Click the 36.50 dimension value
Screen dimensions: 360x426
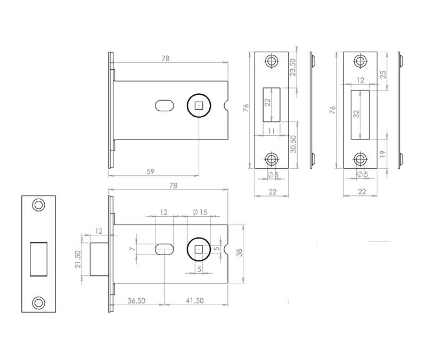[x=137, y=300]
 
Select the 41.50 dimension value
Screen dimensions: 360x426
[x=195, y=300]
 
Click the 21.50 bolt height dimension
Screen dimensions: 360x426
[x=78, y=259]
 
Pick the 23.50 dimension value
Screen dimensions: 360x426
[x=292, y=68]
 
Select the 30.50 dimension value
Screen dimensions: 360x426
[x=292, y=144]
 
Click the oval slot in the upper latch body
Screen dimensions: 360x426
[x=164, y=105]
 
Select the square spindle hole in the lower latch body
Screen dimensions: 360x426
[x=199, y=249]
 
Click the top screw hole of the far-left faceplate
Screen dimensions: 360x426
[x=38, y=204]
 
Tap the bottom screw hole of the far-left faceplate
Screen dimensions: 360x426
[x=38, y=303]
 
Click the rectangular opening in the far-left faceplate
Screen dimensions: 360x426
[x=39, y=258]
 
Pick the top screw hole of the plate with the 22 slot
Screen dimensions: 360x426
[x=272, y=61]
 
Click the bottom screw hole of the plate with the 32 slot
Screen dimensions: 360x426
[x=361, y=159]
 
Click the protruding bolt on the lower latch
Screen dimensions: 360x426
[x=99, y=259]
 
